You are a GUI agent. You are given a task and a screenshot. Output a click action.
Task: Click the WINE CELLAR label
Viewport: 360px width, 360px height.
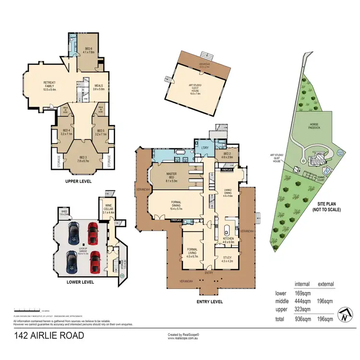pyautogui.click(x=108, y=210)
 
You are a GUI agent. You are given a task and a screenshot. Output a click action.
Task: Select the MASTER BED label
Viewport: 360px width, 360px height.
pyautogui.click(x=172, y=176)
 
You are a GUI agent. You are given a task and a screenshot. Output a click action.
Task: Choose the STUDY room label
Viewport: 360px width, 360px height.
pyautogui.click(x=228, y=259)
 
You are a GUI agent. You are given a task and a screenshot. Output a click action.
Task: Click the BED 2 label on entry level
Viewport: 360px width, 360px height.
pyautogui.click(x=228, y=155)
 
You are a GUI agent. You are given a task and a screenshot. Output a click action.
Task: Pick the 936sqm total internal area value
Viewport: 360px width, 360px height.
pyautogui.click(x=303, y=319)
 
